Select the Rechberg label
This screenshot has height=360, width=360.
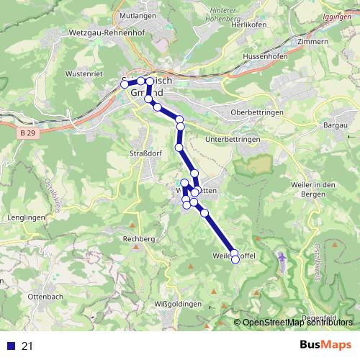click(139, 238)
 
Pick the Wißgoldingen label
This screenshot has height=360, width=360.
click(178, 305)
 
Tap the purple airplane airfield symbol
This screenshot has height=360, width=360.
click(282, 256)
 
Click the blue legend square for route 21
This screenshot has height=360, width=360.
click(11, 346)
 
